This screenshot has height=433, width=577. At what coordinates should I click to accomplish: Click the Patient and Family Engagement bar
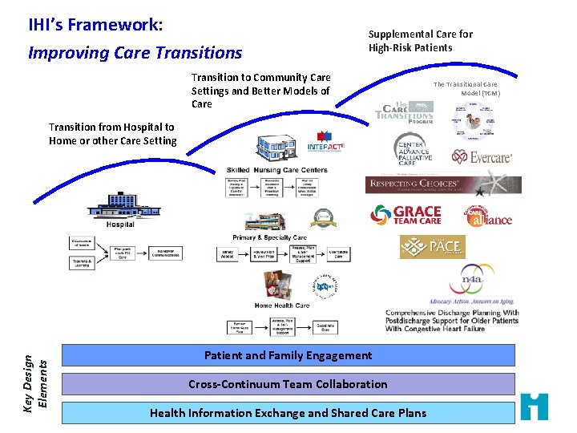[288, 355]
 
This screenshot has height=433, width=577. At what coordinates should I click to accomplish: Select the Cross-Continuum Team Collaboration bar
[288, 384]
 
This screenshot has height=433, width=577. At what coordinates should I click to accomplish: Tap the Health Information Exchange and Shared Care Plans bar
[288, 413]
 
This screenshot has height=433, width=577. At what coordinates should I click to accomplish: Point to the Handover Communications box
[167, 252]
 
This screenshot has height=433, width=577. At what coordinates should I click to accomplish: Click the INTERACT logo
[325, 144]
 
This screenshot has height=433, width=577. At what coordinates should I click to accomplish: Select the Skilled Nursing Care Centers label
[276, 170]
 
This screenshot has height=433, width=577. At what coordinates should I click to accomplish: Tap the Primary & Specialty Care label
[269, 237]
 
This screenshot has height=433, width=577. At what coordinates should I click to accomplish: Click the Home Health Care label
[281, 305]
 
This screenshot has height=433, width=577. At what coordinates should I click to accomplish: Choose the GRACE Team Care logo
[406, 215]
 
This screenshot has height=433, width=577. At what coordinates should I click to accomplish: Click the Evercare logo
[481, 157]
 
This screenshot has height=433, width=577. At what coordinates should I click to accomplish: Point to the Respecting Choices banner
[442, 184]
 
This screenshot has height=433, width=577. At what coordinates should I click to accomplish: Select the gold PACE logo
[432, 246]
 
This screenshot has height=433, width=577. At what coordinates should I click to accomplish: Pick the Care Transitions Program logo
[406, 111]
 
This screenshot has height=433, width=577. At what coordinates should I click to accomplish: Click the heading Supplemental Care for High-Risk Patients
[420, 41]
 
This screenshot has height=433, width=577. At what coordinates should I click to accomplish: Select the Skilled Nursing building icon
[277, 149]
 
